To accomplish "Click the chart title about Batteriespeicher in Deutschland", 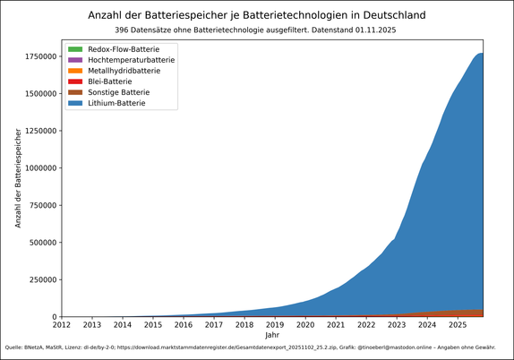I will (x=257, y=15).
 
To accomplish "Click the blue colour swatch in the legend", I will (x=75, y=103).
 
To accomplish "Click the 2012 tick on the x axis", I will (x=61, y=324).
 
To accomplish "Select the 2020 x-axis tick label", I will (x=305, y=324).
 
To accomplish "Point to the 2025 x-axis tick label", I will (x=458, y=324).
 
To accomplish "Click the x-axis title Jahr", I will (x=272, y=334).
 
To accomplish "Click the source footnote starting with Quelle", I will (x=250, y=347).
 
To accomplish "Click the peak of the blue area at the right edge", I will (x=481, y=54).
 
